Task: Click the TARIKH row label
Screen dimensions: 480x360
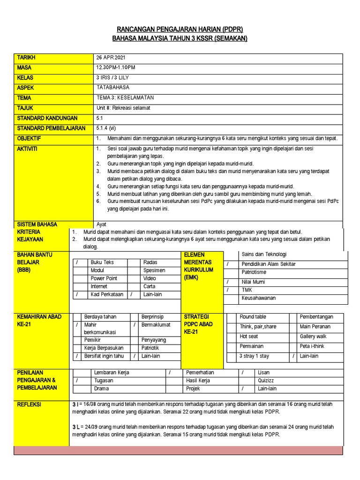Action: coord(26,58)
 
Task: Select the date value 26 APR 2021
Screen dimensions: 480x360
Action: coord(112,58)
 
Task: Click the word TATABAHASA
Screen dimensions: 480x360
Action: coord(113,88)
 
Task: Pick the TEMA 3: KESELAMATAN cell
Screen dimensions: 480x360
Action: coord(125,98)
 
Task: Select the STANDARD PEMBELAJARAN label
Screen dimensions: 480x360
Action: coord(51,128)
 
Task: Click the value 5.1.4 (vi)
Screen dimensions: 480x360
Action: coord(106,128)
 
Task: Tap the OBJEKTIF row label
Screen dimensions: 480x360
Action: coord(29,139)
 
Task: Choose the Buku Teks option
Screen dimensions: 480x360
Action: coord(102,262)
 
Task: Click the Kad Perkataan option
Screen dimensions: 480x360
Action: coord(107,295)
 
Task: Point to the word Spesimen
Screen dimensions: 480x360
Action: coord(154,270)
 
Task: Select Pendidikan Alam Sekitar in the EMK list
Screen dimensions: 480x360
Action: coord(269,264)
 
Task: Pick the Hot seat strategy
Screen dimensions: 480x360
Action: coord(249,337)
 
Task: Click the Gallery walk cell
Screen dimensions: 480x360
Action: coord(313,337)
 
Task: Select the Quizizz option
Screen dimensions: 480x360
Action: coord(266,381)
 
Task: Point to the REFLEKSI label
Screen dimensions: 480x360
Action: coord(29,404)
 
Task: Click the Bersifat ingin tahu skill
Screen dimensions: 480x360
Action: coord(104,356)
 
